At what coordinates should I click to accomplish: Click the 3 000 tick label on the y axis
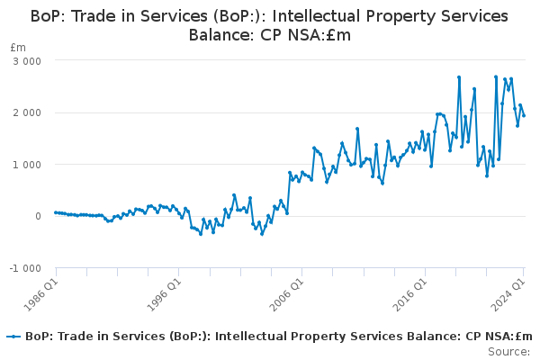27,61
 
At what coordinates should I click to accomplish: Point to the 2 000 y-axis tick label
27,113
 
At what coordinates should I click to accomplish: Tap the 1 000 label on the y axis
27,165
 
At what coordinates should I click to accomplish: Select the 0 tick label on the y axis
38,216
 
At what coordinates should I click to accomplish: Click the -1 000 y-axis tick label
25,268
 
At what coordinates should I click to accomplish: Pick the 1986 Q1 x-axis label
41,294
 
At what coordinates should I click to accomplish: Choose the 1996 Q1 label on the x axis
164,294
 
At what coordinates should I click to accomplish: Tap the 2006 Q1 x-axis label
287,294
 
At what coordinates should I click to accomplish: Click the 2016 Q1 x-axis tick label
410,294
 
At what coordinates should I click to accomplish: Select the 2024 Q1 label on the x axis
508,294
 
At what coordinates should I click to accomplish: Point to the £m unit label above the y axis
18,48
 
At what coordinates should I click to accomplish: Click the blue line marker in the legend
13,337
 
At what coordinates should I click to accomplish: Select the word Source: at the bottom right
509,352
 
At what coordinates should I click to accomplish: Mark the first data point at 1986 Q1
56,212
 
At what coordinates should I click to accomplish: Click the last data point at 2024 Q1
524,116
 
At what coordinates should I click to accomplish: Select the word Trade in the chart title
91,16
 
